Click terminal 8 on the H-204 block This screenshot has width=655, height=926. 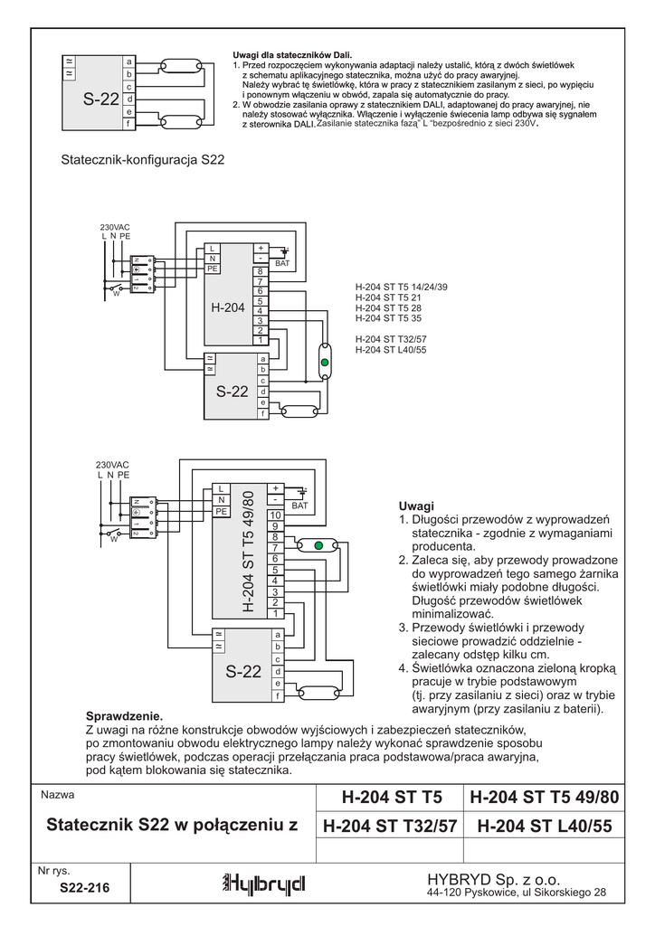click(261, 271)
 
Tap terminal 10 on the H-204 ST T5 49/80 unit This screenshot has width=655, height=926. click(274, 515)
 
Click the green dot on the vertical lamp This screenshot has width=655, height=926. click(325, 363)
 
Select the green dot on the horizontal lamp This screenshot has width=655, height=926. click(318, 545)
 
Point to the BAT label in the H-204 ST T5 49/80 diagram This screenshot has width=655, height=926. click(300, 506)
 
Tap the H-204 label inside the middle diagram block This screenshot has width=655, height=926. click(228, 308)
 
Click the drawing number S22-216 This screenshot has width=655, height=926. click(84, 889)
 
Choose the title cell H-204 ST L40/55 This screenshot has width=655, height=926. click(544, 826)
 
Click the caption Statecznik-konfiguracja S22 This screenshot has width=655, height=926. click(142, 160)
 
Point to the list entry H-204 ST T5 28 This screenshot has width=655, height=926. click(389, 307)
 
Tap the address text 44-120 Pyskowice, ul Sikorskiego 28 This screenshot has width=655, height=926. click(516, 893)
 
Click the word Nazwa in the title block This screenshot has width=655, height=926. click(57, 796)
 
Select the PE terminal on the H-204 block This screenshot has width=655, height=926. click(213, 269)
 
